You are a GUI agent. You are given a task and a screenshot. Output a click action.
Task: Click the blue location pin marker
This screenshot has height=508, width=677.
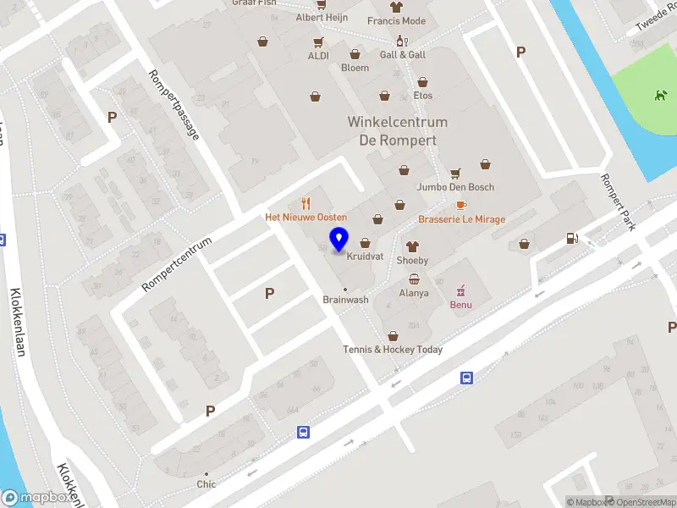click(338, 240)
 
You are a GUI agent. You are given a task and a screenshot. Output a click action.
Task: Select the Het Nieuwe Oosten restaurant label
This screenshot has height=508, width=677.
click(306, 218)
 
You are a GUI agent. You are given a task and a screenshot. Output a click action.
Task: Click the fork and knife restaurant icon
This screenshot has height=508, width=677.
click(306, 203)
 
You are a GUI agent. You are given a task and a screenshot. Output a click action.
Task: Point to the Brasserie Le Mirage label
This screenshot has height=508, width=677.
click(461, 219)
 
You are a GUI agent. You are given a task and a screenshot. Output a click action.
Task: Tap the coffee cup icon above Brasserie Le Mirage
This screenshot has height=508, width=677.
click(461, 205)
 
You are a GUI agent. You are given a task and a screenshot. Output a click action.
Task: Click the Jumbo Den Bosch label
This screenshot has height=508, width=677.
click(455, 187)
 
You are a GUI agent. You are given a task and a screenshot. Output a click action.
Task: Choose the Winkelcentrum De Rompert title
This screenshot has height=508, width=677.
click(398, 131)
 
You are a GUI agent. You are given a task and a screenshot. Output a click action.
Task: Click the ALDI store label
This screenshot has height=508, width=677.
click(318, 56)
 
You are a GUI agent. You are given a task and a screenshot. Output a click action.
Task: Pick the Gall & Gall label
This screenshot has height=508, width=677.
click(403, 55)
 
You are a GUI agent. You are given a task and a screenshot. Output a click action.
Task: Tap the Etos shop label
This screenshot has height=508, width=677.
click(423, 96)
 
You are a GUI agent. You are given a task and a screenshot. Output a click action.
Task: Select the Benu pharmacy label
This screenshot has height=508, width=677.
click(461, 305)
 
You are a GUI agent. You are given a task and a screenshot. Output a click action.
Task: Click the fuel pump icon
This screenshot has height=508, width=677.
click(573, 238)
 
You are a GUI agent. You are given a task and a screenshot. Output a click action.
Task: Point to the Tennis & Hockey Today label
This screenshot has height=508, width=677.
click(393, 350)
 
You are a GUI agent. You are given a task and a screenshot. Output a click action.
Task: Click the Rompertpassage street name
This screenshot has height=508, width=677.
click(173, 104)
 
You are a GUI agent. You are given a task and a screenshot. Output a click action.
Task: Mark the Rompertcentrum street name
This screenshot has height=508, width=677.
click(176, 264)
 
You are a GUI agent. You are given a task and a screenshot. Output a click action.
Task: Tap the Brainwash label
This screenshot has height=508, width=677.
click(345, 300)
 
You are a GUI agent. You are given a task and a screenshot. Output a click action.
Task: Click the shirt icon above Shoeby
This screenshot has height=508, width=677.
click(413, 246)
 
